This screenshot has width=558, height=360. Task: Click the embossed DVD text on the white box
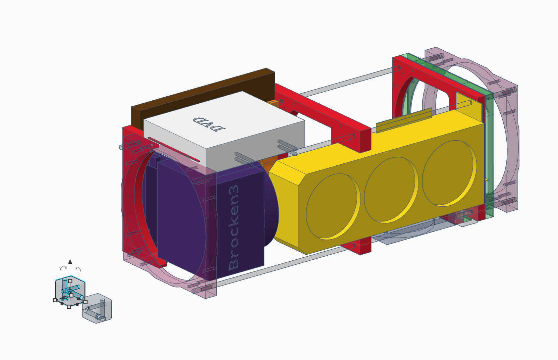point(209,124)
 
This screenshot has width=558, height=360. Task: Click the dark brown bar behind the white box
point(201,91)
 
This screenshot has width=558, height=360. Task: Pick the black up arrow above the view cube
point(70,262)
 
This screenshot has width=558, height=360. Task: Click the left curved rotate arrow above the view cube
point(63,268)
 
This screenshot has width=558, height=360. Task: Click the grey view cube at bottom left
point(97,309)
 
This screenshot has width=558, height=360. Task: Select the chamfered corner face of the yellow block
point(285,205)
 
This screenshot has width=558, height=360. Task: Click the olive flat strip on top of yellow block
point(404,120)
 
